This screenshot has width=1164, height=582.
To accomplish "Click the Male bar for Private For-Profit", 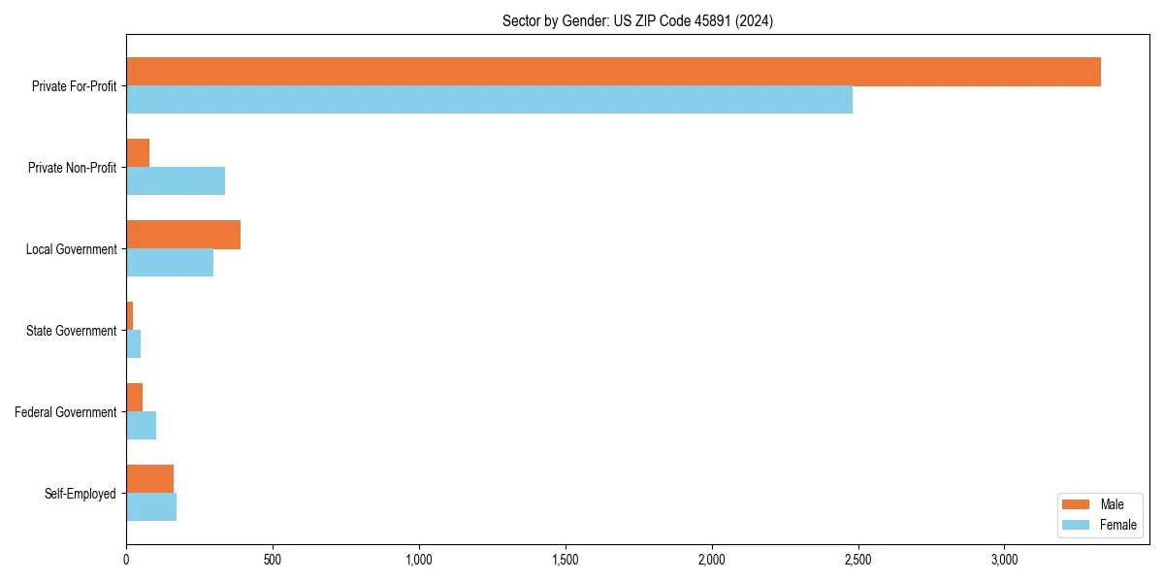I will (613, 72).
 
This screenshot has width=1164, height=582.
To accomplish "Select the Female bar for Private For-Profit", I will (489, 100).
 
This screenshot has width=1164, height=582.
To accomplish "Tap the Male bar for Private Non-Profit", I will (138, 153).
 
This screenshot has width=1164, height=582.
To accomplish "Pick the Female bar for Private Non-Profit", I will (176, 181).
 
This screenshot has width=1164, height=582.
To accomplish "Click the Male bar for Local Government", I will (183, 235).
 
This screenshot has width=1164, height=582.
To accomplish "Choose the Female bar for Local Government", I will (170, 263).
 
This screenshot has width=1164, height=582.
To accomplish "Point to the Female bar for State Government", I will (134, 344).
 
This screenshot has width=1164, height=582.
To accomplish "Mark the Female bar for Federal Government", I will (142, 426).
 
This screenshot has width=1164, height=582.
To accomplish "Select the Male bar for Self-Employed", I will (150, 479).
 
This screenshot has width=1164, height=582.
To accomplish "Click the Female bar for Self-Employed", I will (151, 507).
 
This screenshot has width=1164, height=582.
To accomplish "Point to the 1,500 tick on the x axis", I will (566, 560).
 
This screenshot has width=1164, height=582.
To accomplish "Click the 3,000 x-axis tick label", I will (1004, 560).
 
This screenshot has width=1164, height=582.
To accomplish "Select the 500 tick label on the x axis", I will (273, 560).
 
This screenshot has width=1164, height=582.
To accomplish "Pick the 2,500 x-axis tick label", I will (857, 560).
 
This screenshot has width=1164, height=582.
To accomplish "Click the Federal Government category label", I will (66, 412).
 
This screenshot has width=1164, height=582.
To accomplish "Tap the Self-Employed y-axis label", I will (81, 494).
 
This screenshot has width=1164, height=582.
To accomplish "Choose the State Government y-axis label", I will (72, 331).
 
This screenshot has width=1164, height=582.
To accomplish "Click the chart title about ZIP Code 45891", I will (637, 20).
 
